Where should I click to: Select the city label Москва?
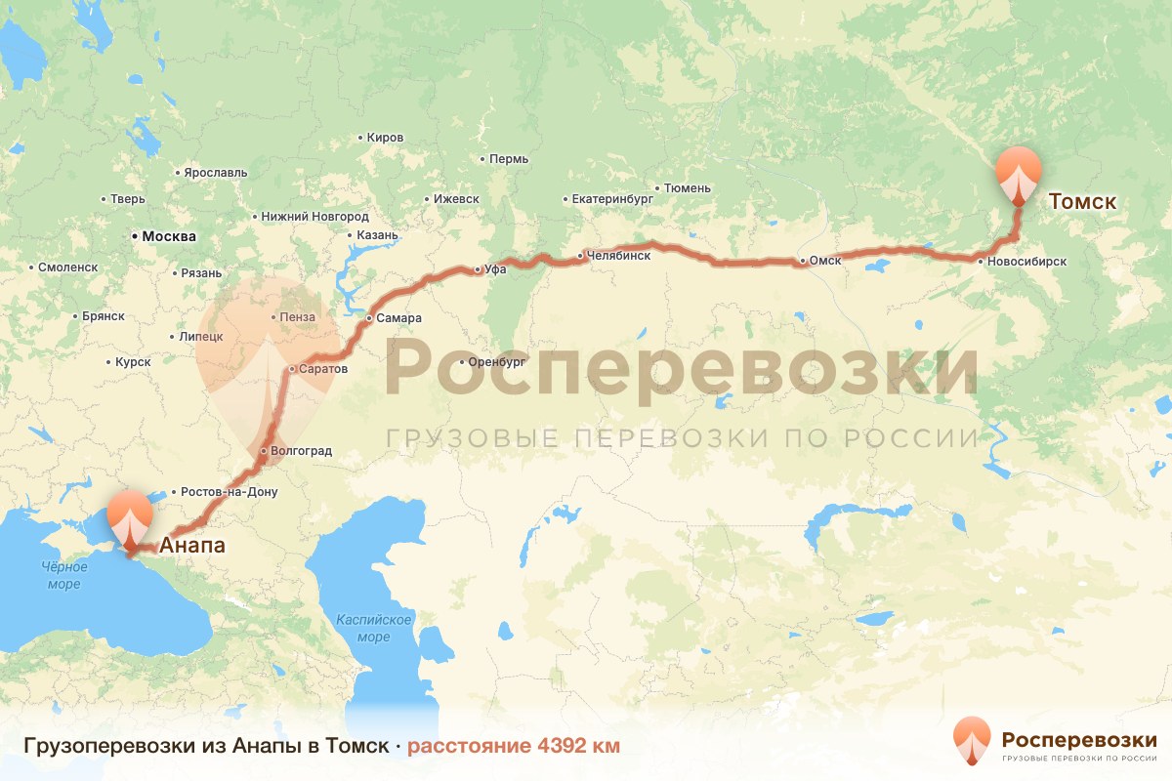[169, 236]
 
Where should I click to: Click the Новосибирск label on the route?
[1025, 262]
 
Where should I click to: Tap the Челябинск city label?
[618, 256]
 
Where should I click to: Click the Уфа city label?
[495, 269]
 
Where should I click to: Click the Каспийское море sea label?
[374, 629]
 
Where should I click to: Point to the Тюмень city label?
[688, 187]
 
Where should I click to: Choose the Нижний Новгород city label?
[314, 217]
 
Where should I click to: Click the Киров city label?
[386, 138]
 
